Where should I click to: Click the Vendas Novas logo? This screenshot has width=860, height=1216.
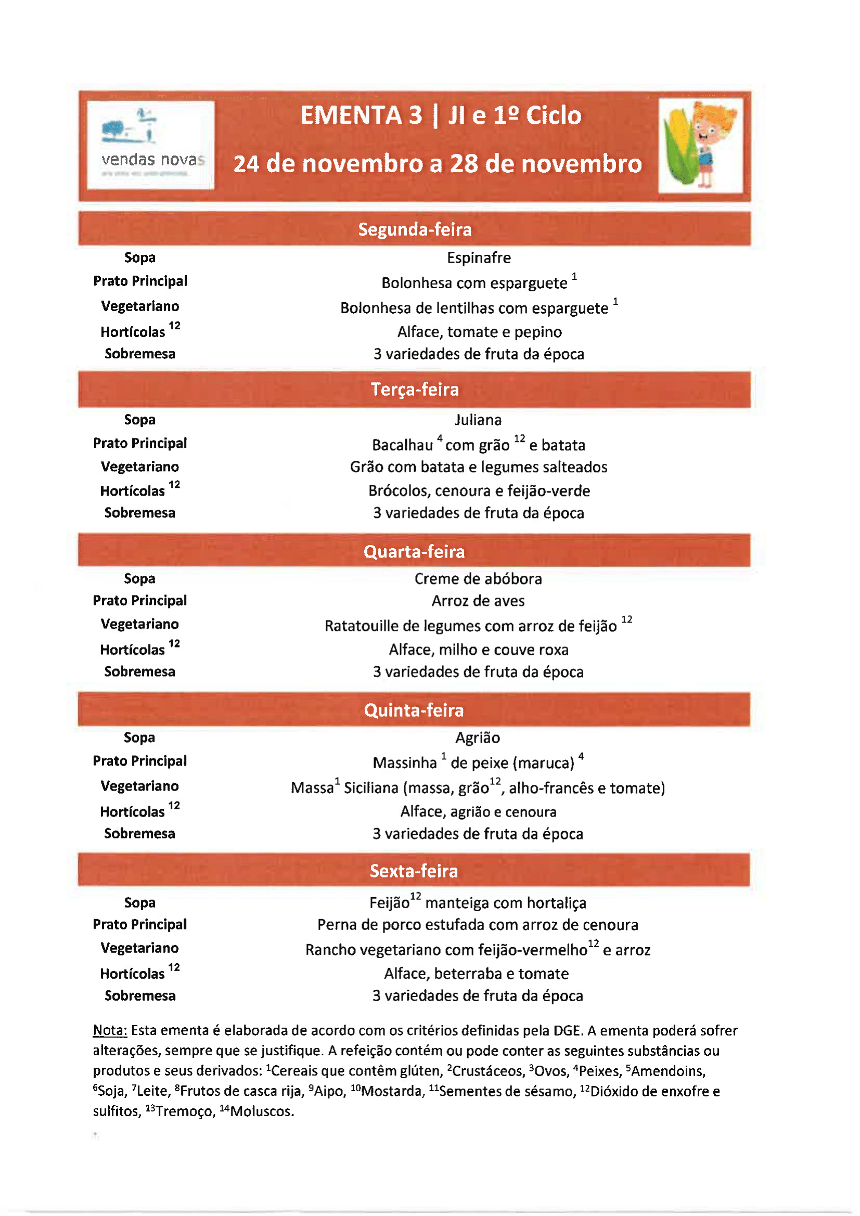pyautogui.click(x=150, y=144)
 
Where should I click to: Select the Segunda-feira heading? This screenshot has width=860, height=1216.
pyautogui.click(x=414, y=229)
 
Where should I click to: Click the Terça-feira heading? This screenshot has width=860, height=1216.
pyautogui.click(x=414, y=389)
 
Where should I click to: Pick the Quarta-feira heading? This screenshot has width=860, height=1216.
pyautogui.click(x=414, y=551)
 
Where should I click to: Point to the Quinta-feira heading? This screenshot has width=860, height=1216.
pyautogui.click(x=414, y=710)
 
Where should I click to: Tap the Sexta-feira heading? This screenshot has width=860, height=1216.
pyautogui.click(x=413, y=871)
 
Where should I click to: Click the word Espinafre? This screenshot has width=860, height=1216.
pyautogui.click(x=479, y=258)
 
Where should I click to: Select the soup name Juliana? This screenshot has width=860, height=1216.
pyautogui.click(x=478, y=420)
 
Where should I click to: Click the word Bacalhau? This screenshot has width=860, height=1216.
pyautogui.click(x=402, y=445)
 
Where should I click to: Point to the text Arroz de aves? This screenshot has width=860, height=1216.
pyautogui.click(x=478, y=601)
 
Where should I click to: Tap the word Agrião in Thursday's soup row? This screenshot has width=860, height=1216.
pyautogui.click(x=478, y=738)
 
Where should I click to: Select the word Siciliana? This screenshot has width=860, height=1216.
pyautogui.click(x=371, y=788)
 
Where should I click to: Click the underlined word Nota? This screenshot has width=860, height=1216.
pyautogui.click(x=110, y=1030)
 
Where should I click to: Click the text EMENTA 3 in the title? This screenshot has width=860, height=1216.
pyautogui.click(x=361, y=115)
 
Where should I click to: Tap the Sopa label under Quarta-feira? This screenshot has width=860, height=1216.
pyautogui.click(x=139, y=578)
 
